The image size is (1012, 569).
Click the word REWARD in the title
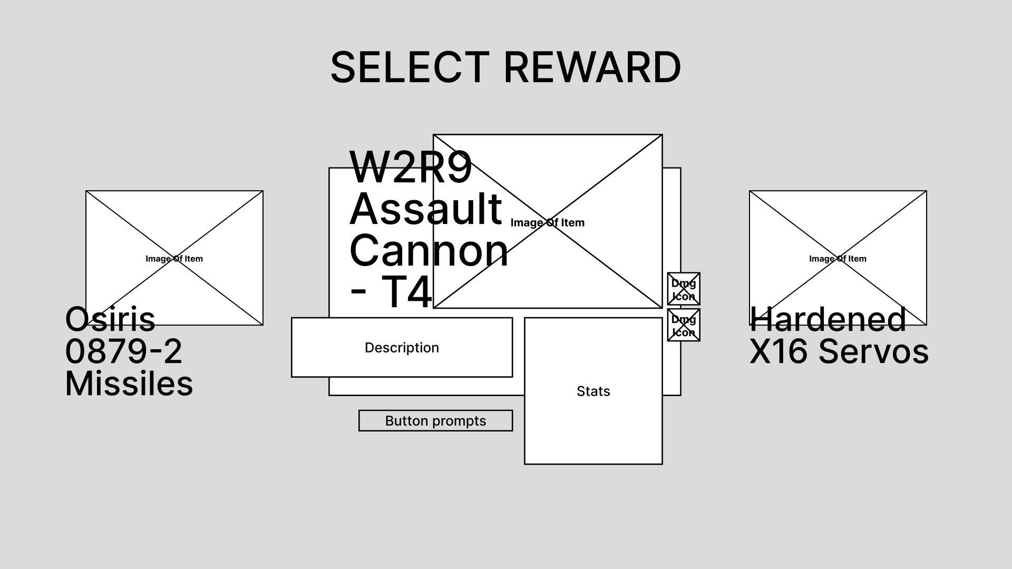pos(592,67)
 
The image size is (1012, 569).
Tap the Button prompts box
pos(435,421)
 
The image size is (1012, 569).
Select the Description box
pos(402,348)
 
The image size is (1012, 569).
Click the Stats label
pos(593,391)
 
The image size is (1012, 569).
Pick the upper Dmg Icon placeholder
pos(684,289)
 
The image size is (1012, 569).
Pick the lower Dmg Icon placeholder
pos(684,326)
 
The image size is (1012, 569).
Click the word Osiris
pos(110,319)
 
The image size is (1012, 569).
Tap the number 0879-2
pos(123,351)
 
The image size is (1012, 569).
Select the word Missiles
pos(129,384)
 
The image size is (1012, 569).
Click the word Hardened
pos(828,319)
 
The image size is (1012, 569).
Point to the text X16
pos(778,351)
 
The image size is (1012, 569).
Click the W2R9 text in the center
pos(410,168)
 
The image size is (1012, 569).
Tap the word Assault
pos(425,209)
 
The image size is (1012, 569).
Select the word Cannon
pos(429,251)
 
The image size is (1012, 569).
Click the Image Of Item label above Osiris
pos(174,259)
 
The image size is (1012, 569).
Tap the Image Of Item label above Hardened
pos(838,259)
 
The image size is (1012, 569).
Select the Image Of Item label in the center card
pos(548,223)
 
